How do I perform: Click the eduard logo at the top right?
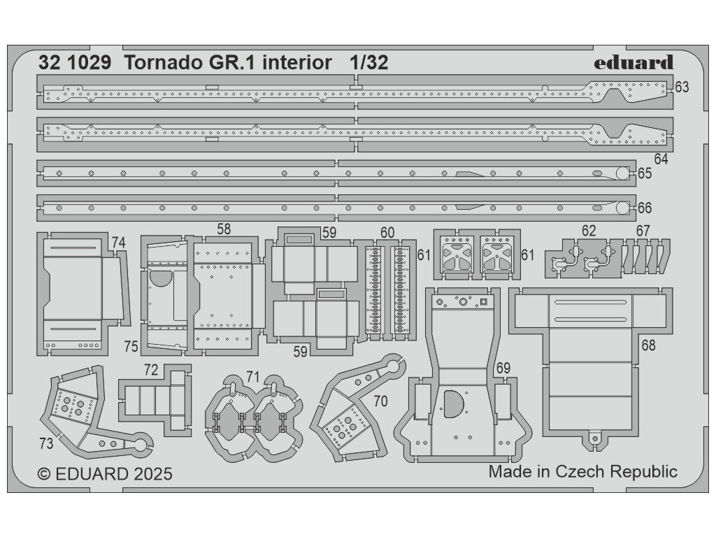634,63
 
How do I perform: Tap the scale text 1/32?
368,63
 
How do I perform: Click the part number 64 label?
661,159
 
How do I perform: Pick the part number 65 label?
644,173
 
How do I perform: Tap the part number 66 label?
644,208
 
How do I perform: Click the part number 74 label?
118,242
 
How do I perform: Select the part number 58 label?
224,229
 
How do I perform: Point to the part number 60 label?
387,233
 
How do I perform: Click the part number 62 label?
589,230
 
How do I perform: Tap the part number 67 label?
643,230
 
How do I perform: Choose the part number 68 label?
648,345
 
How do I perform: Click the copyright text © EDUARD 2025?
104,474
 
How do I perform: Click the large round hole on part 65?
622,173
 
